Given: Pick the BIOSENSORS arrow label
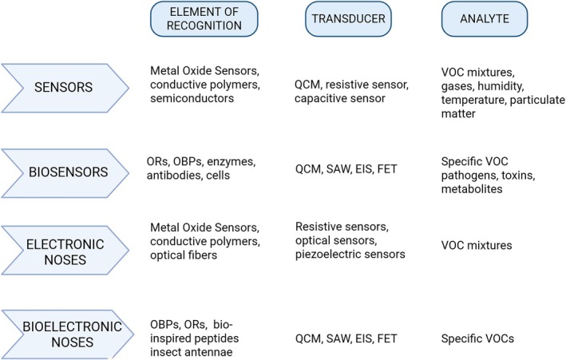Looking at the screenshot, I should pyautogui.click(x=65, y=170).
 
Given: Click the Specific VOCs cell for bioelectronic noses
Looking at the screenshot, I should pyautogui.click(x=477, y=338).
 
